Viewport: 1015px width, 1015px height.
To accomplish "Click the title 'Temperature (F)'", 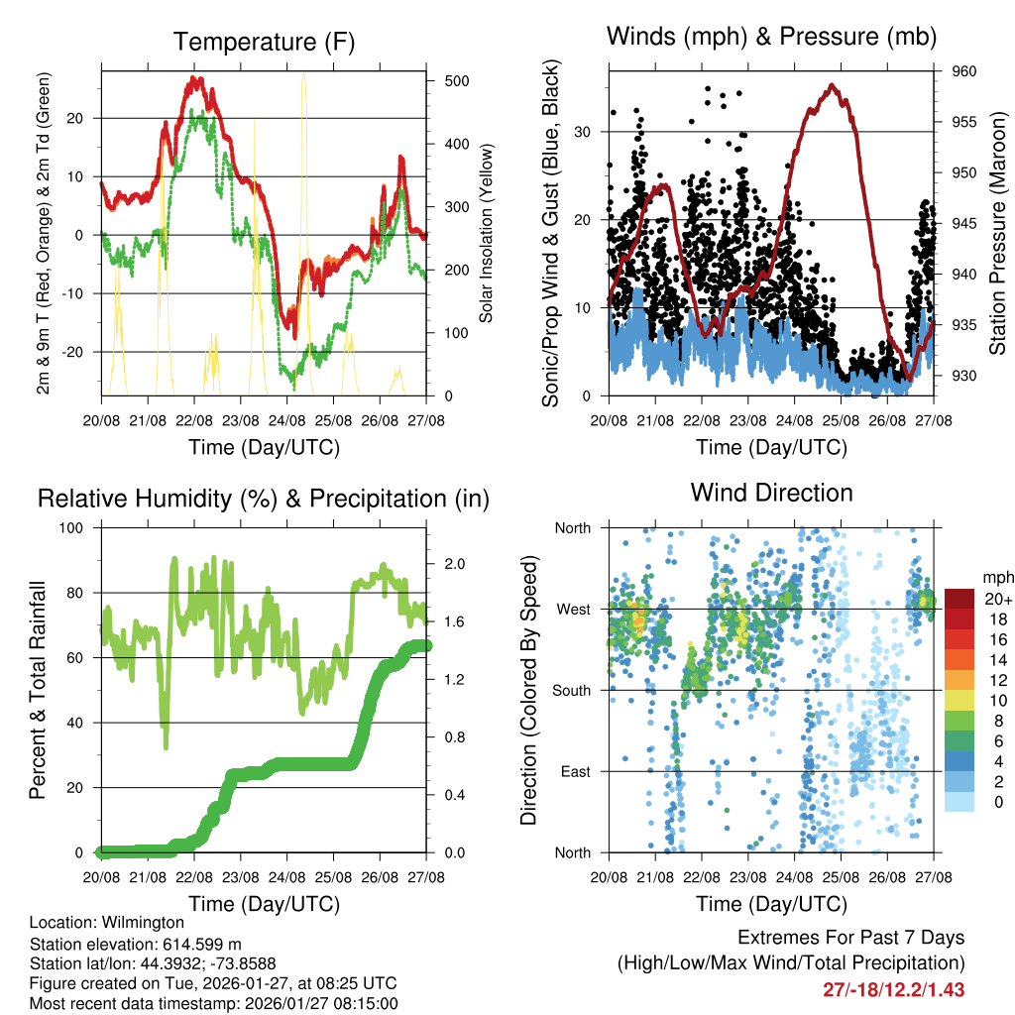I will click(264, 42).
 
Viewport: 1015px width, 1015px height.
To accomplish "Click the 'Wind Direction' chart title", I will click(771, 492).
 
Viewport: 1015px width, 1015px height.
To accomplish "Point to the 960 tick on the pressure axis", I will click(964, 71).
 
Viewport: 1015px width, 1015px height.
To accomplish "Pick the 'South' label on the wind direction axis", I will click(573, 690).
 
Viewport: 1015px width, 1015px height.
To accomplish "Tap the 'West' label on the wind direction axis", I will click(575, 609).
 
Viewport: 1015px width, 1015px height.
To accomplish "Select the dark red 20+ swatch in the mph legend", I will click(960, 599).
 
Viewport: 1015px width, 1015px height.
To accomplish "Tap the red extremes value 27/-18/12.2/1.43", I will click(893, 989).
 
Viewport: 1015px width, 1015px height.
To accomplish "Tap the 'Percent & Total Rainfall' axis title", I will click(38, 690).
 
